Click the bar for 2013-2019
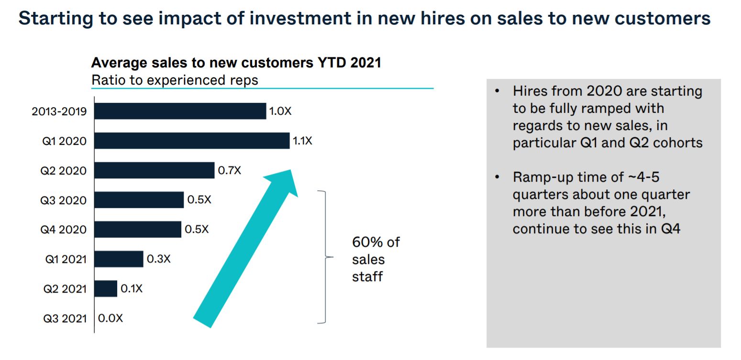pos(180,111)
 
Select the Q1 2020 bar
pos(192,141)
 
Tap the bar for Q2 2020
pos(155,170)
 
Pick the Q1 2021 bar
pos(119,259)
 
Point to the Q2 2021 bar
pos(106,289)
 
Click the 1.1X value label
pos(302,141)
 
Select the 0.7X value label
pos(229,170)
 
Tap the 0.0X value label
pos(110,318)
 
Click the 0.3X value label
pos(158,259)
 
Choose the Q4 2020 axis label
pos(64,230)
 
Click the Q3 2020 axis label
pos(64,200)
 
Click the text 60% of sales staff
pos(375,259)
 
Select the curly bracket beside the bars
pos(325,257)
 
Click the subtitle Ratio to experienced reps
pos(175,80)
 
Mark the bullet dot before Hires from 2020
pos(498,91)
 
